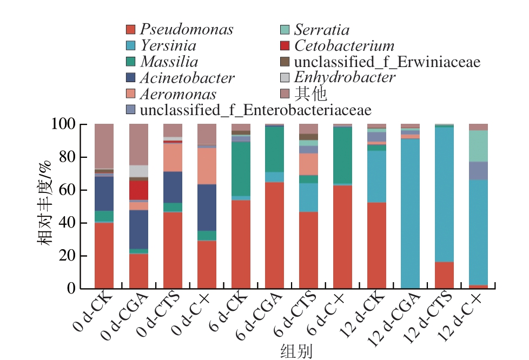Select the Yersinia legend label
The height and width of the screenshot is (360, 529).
tap(168, 45)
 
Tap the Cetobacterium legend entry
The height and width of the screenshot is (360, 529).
tap(344, 45)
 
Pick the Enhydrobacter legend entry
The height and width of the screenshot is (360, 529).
tap(345, 77)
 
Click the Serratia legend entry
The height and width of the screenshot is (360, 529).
tap(321, 29)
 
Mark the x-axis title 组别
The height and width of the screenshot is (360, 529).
tap(296, 351)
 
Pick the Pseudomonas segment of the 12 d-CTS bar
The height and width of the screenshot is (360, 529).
tap(444, 275)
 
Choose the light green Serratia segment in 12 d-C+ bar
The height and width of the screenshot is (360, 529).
tap(478, 146)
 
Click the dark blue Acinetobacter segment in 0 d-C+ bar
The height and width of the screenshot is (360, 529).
tap(207, 208)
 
